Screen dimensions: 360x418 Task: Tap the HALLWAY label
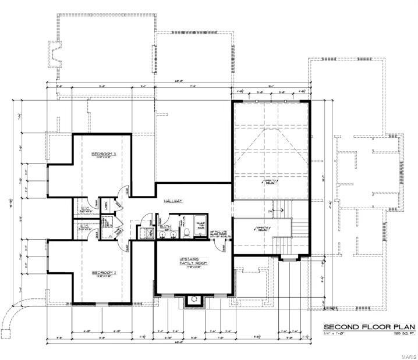point(173,201)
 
